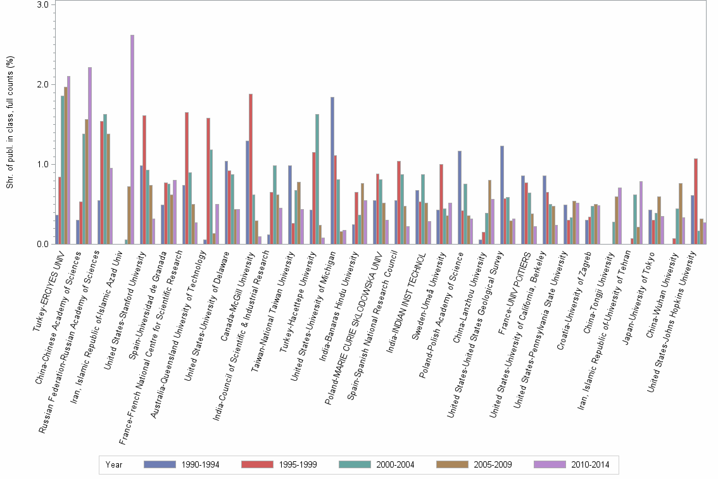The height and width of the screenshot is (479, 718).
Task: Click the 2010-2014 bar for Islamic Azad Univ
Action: tap(132, 139)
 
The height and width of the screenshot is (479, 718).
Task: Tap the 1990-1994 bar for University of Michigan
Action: tap(332, 170)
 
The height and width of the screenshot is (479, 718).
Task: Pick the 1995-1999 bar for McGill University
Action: tap(251, 169)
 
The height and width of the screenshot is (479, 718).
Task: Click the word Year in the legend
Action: tap(115, 464)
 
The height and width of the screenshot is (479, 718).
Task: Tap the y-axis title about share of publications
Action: tap(9, 124)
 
